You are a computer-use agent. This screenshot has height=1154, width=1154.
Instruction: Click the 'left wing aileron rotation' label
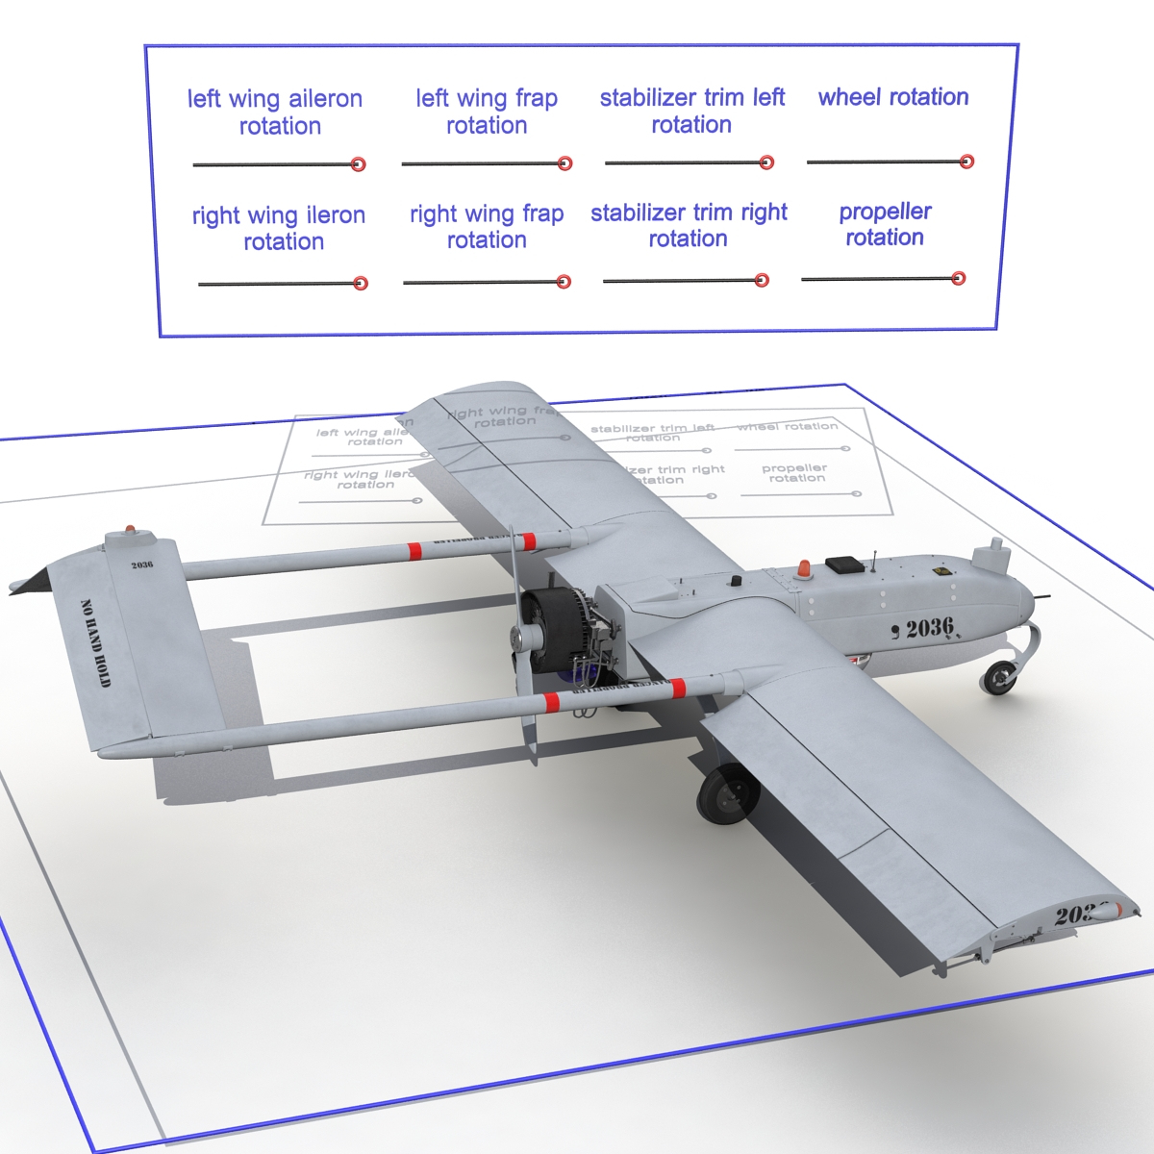tap(276, 112)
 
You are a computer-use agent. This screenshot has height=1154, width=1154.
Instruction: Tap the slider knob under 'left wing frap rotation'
tap(565, 163)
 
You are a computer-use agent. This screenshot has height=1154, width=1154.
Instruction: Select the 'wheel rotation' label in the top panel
tap(893, 97)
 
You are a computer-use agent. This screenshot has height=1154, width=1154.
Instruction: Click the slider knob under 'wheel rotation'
tap(967, 162)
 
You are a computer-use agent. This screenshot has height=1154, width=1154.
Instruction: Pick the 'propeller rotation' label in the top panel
tap(885, 224)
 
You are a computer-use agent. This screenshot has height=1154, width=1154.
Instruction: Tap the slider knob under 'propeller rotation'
tap(958, 278)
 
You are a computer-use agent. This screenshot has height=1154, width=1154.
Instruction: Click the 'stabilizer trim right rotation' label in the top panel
tap(689, 225)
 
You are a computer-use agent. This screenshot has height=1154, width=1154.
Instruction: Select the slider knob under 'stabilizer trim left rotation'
tap(766, 163)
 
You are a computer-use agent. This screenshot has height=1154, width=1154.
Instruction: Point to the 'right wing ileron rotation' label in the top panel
tap(279, 228)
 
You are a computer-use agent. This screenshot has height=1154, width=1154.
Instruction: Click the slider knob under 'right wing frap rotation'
tap(564, 282)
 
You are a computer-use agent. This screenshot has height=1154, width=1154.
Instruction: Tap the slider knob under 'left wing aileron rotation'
tap(359, 164)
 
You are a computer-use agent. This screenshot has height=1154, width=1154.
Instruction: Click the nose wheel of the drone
tap(1000, 677)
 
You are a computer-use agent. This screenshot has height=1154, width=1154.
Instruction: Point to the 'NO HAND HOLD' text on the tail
tap(96, 643)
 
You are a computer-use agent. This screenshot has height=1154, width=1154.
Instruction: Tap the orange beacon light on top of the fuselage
tap(802, 569)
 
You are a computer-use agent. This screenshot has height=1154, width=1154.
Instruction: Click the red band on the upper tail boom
tap(414, 551)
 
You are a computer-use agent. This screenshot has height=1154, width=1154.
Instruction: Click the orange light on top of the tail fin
tap(131, 530)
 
